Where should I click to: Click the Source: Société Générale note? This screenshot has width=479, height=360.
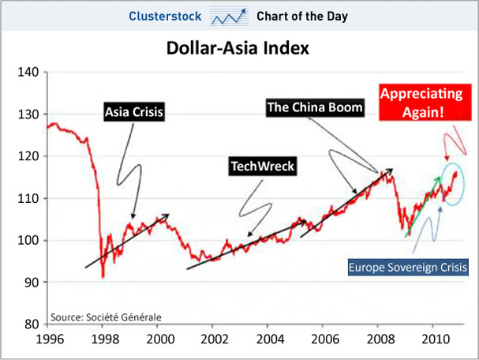[106, 317]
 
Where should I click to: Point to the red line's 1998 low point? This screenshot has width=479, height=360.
[103, 276]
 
